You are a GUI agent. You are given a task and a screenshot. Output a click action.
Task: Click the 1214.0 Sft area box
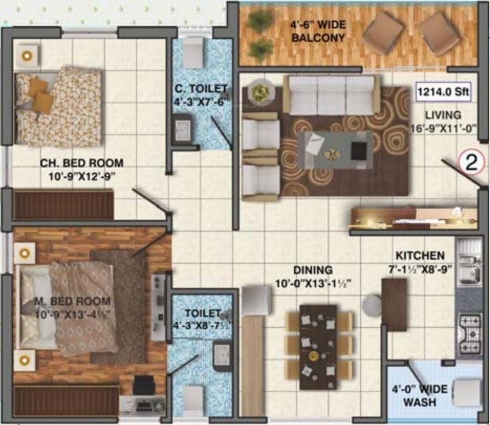pos(444,91)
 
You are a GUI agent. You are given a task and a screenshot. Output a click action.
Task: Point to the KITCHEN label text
pos(419,256)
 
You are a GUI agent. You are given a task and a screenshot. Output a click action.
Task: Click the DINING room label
pos(313,270)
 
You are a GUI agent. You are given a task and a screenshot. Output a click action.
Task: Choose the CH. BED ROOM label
pos(81,163)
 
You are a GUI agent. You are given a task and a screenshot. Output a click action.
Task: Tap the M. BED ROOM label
pos(72,301)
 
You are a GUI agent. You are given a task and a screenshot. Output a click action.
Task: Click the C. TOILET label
pos(201,89)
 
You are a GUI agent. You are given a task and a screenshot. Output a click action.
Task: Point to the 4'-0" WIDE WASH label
pos(426,395)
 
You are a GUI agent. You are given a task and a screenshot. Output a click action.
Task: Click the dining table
pos(318,346)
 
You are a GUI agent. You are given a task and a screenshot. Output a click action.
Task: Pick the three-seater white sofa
pos(331,95)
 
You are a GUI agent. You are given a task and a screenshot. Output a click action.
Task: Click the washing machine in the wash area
pos(466,392)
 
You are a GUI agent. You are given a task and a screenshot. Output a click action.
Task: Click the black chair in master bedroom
pos(144,385)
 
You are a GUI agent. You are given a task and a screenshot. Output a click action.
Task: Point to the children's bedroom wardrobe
pos(63,205)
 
